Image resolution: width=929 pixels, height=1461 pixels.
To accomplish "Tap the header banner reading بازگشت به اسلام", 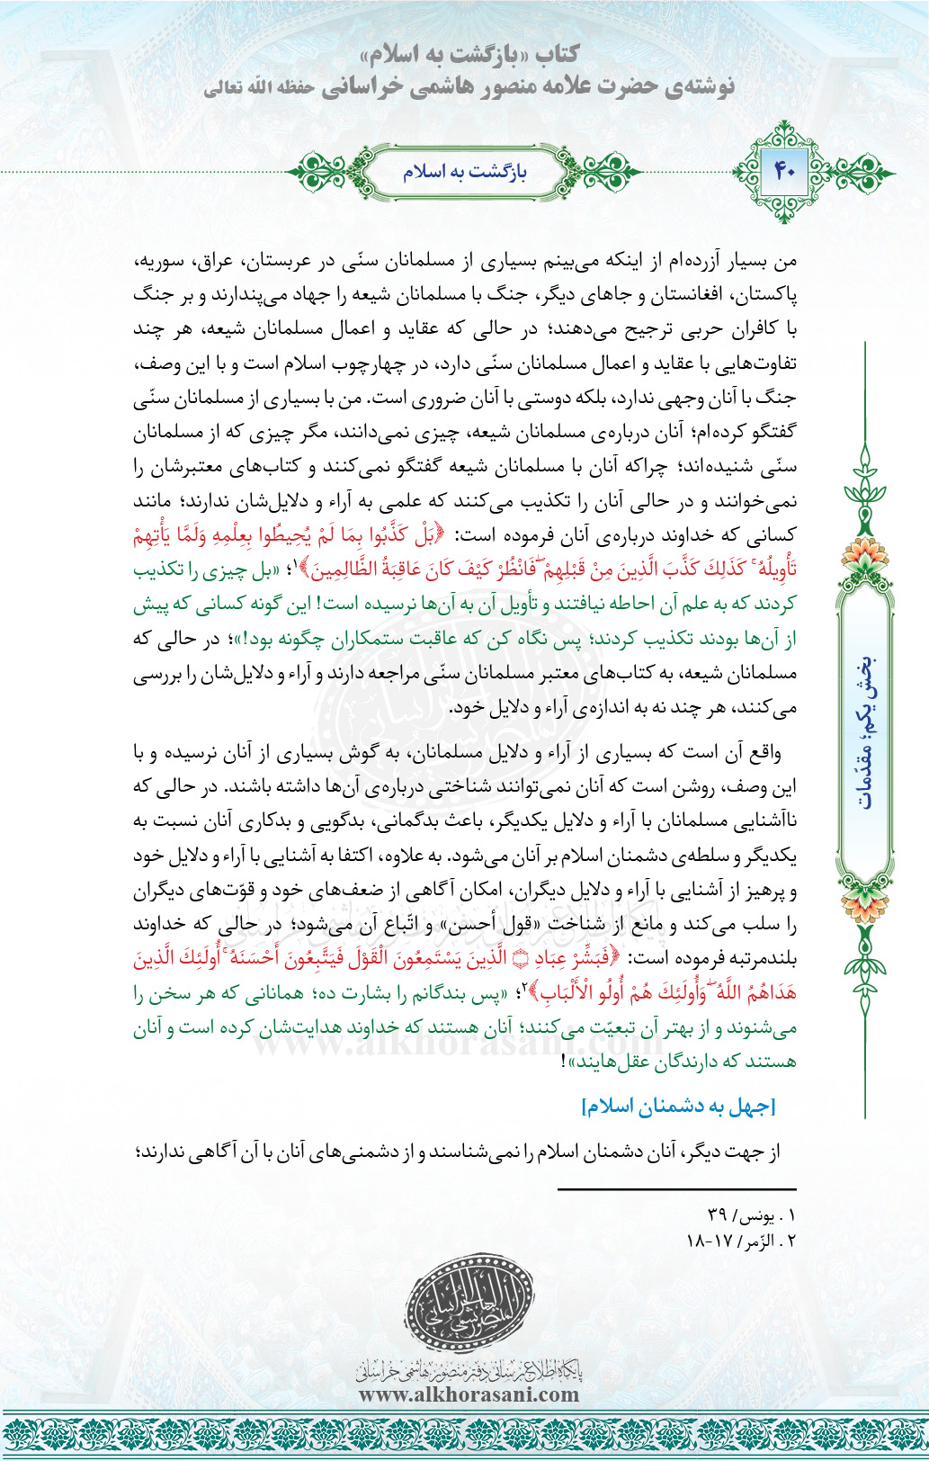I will (x=464, y=171).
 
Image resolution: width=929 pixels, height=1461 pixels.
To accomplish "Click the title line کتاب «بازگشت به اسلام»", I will (x=467, y=55).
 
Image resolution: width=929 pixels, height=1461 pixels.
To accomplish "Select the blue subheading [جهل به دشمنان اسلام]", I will (x=678, y=1107).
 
